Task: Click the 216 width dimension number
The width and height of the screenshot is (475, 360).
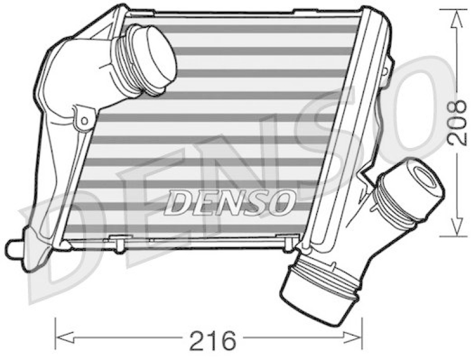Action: [212, 340]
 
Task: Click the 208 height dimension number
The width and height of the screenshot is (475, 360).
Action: [457, 122]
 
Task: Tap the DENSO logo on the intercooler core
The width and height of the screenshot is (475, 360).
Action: [229, 202]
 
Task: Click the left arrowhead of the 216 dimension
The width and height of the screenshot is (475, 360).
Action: [65, 337]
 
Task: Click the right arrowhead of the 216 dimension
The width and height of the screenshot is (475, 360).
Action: [353, 337]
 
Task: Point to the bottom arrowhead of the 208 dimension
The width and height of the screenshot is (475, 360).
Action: [457, 226]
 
